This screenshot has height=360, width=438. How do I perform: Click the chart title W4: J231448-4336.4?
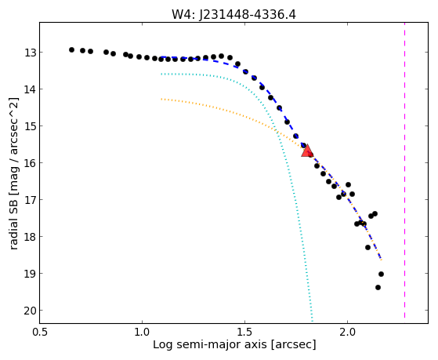(x=233, y=14)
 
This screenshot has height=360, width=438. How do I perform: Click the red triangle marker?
(x=307, y=151)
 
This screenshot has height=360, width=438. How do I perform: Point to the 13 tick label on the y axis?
(x=30, y=53)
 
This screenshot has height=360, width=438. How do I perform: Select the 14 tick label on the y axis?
(x=30, y=89)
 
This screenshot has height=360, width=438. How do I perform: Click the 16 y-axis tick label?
(x=30, y=163)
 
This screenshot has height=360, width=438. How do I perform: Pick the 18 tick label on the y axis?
(x=30, y=237)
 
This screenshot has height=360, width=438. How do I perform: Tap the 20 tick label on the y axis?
(x=30, y=311)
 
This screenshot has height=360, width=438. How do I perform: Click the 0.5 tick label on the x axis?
(x=39, y=332)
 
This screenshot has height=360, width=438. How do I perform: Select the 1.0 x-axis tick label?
(x=142, y=332)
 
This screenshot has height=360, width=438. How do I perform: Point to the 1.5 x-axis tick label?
(x=244, y=332)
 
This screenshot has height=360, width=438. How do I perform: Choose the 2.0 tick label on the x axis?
(x=347, y=332)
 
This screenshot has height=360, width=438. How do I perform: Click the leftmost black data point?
(x=71, y=49)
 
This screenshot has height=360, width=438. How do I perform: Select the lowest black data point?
(x=378, y=287)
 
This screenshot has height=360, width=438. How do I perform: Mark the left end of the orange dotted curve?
(x=161, y=99)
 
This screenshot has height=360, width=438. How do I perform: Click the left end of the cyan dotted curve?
(x=161, y=75)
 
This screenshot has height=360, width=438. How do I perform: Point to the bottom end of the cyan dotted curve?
(x=313, y=321)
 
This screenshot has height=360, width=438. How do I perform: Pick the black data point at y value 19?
(x=381, y=275)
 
